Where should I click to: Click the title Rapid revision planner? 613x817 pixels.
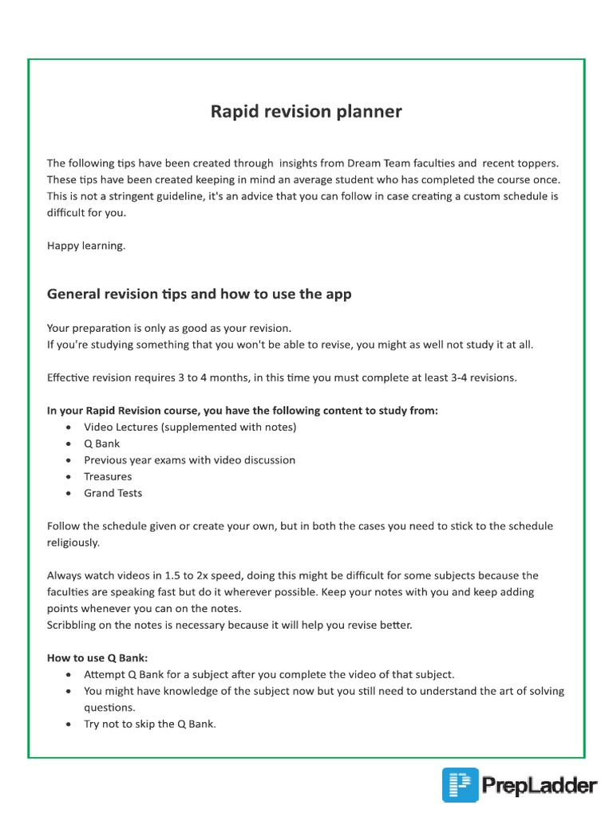(x=306, y=112)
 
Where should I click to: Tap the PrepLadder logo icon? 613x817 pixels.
(x=461, y=785)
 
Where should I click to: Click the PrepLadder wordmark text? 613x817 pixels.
(x=540, y=787)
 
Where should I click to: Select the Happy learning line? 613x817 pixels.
(x=86, y=246)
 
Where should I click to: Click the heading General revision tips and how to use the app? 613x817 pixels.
(x=199, y=294)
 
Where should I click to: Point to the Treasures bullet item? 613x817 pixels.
(x=108, y=476)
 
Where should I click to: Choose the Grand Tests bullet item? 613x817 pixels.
(x=113, y=493)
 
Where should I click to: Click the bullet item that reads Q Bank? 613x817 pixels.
(x=101, y=444)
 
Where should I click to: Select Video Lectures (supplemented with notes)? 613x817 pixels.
(x=190, y=427)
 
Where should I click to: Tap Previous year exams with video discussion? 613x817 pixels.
(x=189, y=460)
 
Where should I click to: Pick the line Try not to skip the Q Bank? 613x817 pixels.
(x=150, y=724)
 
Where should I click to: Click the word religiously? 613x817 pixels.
(x=73, y=543)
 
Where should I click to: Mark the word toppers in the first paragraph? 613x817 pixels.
(x=536, y=163)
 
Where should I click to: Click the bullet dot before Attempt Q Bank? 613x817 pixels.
(x=69, y=674)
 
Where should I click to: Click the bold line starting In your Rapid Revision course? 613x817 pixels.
(x=243, y=411)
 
